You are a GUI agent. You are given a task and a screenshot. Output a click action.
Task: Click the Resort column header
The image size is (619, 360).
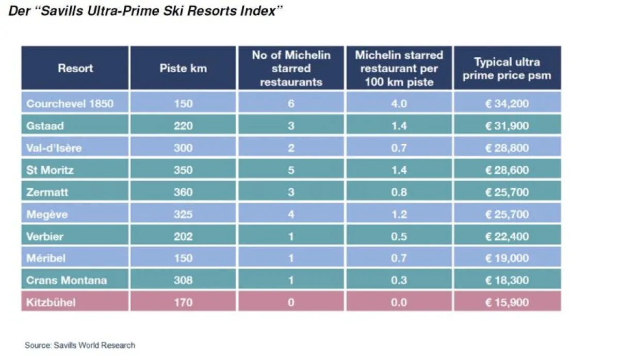75,68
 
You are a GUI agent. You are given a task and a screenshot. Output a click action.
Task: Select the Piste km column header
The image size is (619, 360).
183,68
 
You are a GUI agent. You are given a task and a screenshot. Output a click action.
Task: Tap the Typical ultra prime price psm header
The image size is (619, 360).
507,69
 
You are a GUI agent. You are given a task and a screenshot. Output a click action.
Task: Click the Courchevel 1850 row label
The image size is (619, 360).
70,104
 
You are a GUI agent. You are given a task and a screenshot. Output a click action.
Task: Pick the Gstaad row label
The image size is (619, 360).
45,126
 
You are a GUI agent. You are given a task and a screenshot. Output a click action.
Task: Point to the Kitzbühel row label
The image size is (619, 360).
51,302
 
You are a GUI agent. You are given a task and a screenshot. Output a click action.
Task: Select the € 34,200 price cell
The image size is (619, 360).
507,104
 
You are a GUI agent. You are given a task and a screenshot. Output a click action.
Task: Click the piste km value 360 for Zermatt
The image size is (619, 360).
183,192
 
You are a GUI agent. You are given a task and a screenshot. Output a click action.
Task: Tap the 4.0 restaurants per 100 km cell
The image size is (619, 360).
399,104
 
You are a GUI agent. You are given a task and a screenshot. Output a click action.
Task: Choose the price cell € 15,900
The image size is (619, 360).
507,302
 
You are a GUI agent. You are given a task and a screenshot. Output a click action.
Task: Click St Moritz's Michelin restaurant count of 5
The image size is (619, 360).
291,170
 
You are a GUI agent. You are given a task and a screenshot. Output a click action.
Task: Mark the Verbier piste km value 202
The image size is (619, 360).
183,237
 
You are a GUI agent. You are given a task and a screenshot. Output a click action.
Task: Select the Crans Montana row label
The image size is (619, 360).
67,281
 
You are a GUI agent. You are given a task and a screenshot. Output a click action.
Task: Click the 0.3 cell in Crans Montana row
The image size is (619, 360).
399,281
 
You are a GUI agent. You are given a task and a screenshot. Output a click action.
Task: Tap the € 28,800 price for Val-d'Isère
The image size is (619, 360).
507,148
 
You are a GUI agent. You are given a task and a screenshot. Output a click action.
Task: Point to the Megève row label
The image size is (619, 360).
47,214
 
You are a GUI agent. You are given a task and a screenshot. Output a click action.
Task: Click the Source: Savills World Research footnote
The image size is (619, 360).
80,345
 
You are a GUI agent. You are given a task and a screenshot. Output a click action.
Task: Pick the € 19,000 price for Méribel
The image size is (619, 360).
507,258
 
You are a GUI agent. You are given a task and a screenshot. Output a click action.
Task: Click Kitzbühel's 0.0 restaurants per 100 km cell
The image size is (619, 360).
399,302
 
